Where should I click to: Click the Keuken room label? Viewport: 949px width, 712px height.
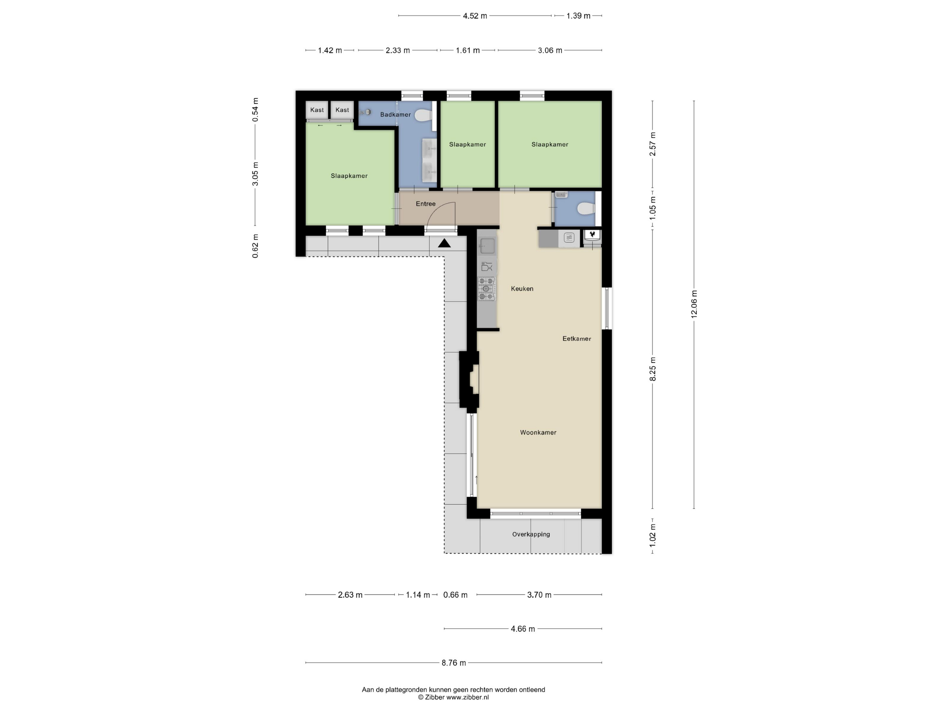[x=522, y=289]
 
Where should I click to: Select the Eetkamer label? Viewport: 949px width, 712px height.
[x=577, y=339]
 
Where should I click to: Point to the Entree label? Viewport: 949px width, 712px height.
[x=426, y=204]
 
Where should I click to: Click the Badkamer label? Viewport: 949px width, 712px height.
[x=395, y=115]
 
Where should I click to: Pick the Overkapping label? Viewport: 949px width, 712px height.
[x=531, y=534]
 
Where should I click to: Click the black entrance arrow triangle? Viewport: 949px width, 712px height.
[x=444, y=243]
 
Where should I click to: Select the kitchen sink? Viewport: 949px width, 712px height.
[x=487, y=246]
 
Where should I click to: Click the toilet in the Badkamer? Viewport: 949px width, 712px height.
[x=423, y=115]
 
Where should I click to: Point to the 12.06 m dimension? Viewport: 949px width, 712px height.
[x=694, y=304]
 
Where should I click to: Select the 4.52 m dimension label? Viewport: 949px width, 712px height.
[x=475, y=16]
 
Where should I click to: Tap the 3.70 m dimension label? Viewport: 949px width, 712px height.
[x=539, y=595]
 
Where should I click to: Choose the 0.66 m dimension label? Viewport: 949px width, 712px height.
[x=455, y=595]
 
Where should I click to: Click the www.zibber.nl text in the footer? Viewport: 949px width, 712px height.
[x=468, y=697]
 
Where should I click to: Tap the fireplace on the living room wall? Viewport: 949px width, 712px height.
[x=469, y=380]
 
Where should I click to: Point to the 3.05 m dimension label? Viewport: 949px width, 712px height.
[x=255, y=174]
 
